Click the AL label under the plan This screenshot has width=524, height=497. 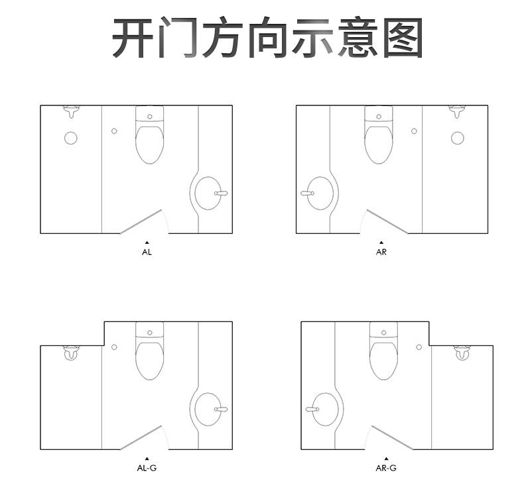[147, 252]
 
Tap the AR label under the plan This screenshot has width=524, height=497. [381, 252]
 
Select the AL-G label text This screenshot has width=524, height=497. [147, 468]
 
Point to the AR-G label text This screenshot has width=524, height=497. [386, 468]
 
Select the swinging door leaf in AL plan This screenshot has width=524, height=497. [141, 221]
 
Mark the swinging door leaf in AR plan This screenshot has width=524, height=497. [387, 221]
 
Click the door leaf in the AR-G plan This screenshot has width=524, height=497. [392, 437]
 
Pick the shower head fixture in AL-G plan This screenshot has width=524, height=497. [72, 353]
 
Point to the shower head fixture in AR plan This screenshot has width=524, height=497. [457, 112]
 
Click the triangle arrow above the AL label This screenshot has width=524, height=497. [147, 243]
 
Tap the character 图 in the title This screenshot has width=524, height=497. [403, 38]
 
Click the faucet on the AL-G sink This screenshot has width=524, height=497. [221, 410]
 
